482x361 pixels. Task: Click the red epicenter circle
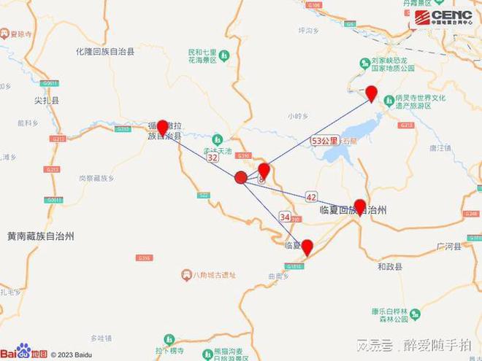pos(241,177)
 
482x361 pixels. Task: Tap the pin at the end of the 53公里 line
pos(371,93)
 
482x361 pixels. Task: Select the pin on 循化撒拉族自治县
pos(162,128)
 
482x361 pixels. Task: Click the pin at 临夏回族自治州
pos(359,206)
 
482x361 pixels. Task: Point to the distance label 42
pos(312,197)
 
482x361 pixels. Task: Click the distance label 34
pos(286,217)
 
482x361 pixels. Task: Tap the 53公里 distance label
pos(324,140)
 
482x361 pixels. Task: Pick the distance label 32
pos(213,157)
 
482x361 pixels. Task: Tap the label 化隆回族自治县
pos(105,53)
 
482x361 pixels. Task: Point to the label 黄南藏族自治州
pos(41,236)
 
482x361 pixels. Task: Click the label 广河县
pos(448,247)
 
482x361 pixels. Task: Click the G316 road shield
pos(144,257)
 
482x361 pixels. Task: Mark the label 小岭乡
pos(298,115)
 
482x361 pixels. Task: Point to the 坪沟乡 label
pos(310,30)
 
